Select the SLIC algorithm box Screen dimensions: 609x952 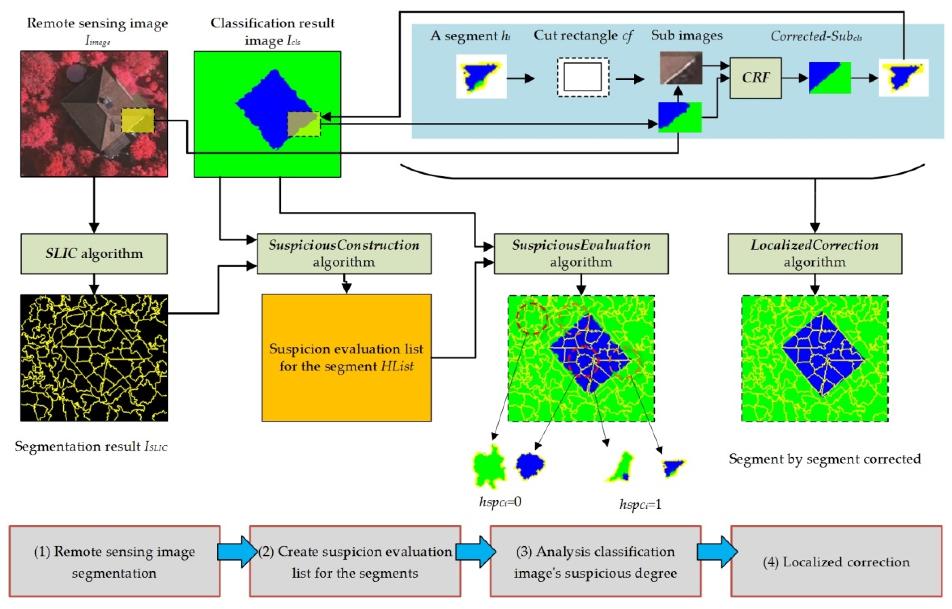[x=94, y=254]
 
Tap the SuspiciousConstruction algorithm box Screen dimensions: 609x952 [x=344, y=254]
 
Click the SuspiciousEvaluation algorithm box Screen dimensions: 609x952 [x=581, y=254]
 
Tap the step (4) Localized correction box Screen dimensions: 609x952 [x=836, y=561]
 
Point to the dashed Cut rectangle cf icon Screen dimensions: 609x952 [x=583, y=77]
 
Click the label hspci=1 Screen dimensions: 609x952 [x=640, y=505]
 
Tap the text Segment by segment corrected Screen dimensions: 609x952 [x=825, y=459]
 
